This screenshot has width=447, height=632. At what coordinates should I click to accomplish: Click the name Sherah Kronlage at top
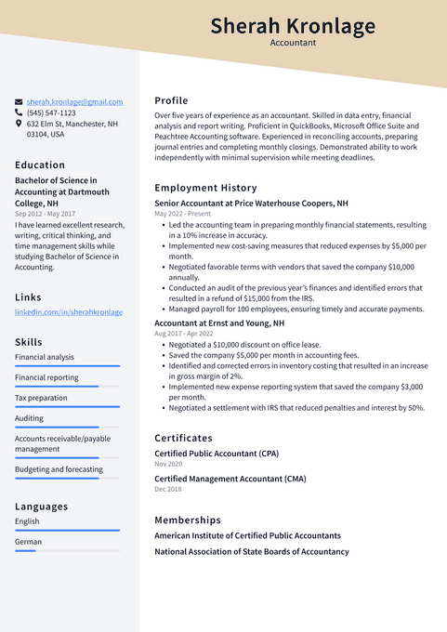coord(293,26)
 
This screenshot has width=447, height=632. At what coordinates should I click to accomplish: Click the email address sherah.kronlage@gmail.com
coord(74,101)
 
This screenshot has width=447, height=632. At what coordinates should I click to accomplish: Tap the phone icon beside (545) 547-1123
coord(19,112)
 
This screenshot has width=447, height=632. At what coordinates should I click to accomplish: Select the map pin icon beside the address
coord(19,124)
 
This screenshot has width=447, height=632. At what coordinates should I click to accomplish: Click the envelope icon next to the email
coord(19,101)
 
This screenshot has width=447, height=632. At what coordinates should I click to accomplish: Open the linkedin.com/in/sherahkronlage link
coord(69,312)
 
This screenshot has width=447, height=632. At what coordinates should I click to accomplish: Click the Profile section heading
coord(171,100)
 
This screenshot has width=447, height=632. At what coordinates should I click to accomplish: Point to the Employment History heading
coord(205,188)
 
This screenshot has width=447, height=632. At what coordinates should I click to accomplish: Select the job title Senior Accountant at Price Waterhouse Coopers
coord(251,203)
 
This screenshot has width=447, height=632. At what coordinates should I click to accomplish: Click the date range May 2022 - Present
coord(182,214)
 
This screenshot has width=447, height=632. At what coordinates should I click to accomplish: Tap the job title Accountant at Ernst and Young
coord(219,323)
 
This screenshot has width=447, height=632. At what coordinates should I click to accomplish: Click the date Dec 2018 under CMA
coord(168,489)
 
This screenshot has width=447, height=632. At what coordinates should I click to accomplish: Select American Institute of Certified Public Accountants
coord(247,535)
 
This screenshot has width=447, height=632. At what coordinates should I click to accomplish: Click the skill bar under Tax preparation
coord(67,406)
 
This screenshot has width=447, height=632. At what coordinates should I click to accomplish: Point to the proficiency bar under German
coord(67,550)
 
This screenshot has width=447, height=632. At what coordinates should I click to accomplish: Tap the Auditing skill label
coord(29,418)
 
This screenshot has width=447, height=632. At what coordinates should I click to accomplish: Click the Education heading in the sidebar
coord(40,165)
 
